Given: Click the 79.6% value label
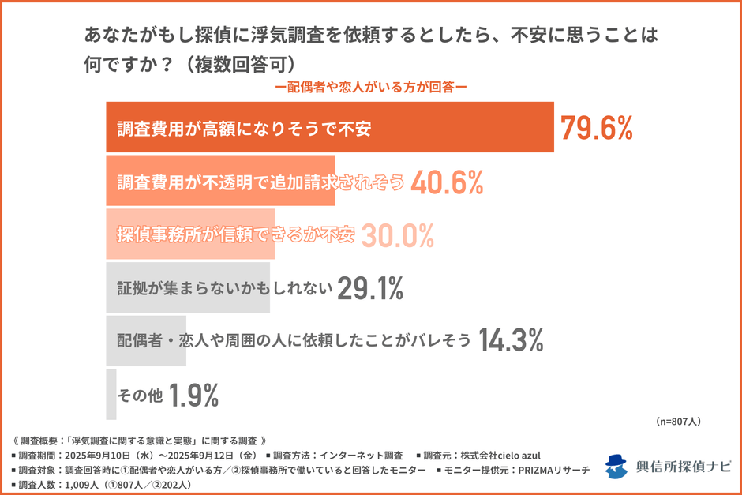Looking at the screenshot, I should (596, 128).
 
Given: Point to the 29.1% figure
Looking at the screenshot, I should (369, 289).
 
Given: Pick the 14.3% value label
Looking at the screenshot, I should (511, 341).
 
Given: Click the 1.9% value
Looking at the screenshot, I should (193, 396).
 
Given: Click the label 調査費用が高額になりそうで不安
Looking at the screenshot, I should (244, 129).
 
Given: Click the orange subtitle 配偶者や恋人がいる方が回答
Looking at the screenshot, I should (370, 88).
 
